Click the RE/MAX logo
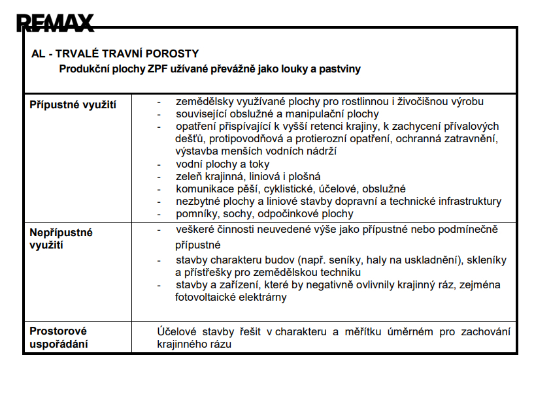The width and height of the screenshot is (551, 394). [x=56, y=23]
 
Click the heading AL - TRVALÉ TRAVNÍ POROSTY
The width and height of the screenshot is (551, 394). [x=114, y=53]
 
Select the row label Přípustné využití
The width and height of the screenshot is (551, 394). [x=73, y=104]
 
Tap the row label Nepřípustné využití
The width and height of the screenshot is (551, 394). [x=61, y=238]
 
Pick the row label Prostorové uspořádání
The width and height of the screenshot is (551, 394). [x=58, y=337]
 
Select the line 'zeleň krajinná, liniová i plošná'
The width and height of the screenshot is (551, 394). [x=248, y=177]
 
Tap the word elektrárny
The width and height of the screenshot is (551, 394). [x=264, y=297]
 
